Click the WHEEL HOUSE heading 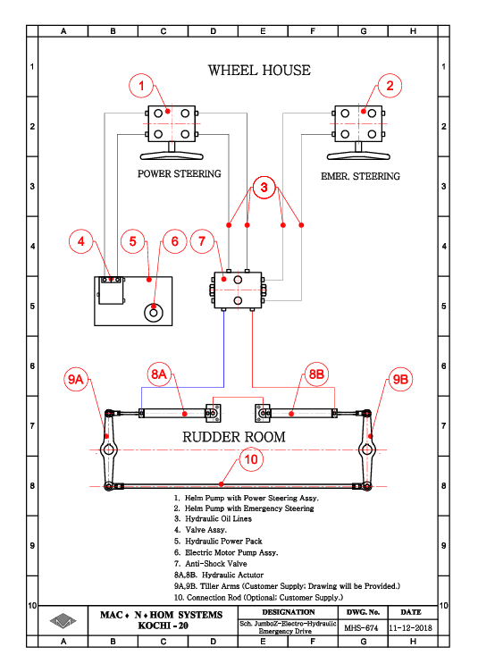click(259, 71)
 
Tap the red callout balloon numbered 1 click(141, 86)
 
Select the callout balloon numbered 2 click(390, 86)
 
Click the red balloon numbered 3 click(264, 188)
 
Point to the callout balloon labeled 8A click(159, 374)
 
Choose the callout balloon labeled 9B click(400, 379)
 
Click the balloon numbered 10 click(251, 459)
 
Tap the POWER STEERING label click(179, 173)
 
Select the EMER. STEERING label click(361, 176)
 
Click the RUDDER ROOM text click(234, 437)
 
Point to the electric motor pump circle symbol click(154, 313)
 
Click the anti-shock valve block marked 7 click(238, 290)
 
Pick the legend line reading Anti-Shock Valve click(211, 564)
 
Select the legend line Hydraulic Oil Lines click(213, 518)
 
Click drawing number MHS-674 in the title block click(361, 628)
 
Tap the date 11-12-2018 click(411, 628)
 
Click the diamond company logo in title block click(63, 620)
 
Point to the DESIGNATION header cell click(289, 612)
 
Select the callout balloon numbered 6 click(175, 241)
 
